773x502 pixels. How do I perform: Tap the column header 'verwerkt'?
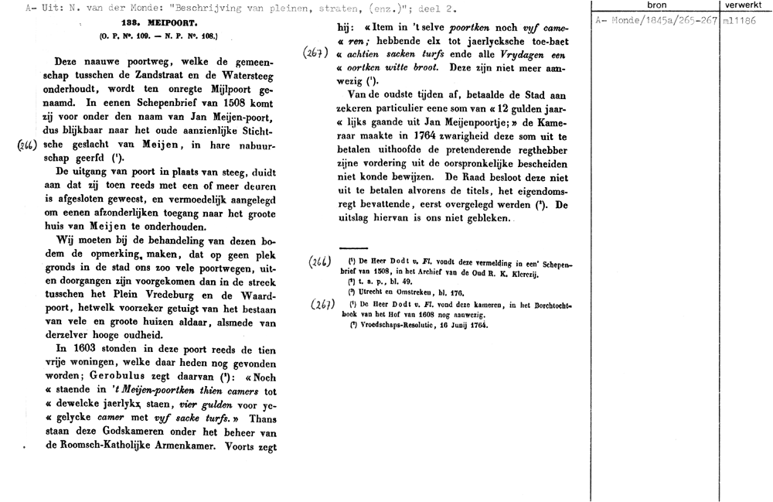click(744, 6)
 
